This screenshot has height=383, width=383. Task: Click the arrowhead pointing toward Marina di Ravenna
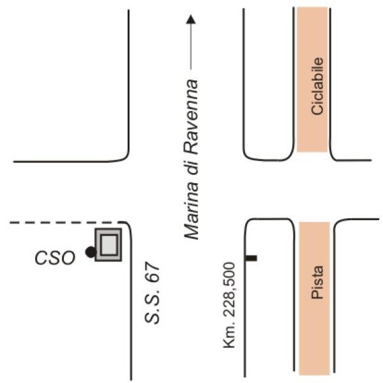point(191,20)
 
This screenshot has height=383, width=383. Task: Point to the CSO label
point(55,258)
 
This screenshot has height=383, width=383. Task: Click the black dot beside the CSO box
point(91,252)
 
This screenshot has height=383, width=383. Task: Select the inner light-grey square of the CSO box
point(109,244)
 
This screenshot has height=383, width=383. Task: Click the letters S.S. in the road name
point(152,306)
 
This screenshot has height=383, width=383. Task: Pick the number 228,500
point(229,290)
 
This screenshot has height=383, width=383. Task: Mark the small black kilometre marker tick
point(251,258)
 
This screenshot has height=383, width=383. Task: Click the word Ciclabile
point(317,86)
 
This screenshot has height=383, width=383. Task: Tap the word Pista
point(317,282)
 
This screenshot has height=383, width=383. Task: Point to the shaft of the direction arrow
point(191,47)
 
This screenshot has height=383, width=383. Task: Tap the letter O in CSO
point(68,258)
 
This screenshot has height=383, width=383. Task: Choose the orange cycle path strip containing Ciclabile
point(312,79)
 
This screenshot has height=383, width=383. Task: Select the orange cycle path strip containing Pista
point(314,298)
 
